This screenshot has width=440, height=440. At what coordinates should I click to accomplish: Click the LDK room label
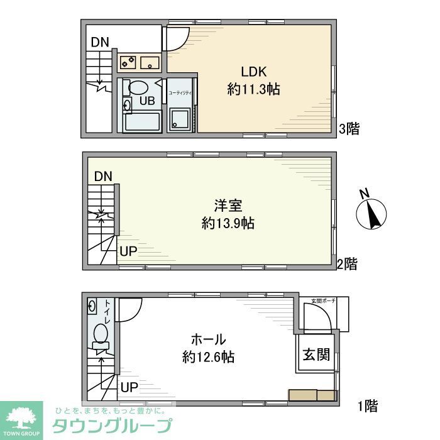coord(253,70)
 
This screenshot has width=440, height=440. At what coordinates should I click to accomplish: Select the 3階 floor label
coord(349,129)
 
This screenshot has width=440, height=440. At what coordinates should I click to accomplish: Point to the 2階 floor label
coord(346,264)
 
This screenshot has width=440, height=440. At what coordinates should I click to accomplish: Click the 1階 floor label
coord(368,406)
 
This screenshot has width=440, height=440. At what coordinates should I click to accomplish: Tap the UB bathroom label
coord(146,101)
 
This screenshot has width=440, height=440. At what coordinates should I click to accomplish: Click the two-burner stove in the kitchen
coord(128,62)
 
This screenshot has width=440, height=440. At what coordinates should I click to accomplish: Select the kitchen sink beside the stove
coord(150,62)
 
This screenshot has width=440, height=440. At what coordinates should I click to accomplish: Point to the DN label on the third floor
coord(99,43)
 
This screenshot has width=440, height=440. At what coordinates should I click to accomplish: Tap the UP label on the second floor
coord(128,251)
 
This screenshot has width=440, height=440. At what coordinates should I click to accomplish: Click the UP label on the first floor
coord(128,387)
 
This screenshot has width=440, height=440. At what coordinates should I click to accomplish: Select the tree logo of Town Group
coord(21,417)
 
